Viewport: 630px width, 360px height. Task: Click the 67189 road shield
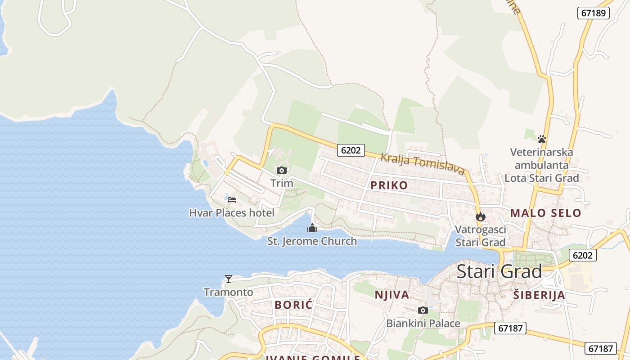tap(593, 13)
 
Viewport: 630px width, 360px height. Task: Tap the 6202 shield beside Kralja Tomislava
tap(351, 150)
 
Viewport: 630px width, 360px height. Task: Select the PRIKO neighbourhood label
tap(389, 185)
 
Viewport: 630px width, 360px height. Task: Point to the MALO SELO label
tap(545, 213)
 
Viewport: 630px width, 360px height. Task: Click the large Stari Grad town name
tap(499, 272)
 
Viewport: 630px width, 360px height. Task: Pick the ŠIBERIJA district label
tap(539, 295)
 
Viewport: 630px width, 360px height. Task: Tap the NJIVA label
tap(392, 295)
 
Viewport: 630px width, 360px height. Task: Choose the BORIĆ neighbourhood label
tap(293, 305)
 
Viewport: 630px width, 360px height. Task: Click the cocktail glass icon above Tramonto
tap(229, 279)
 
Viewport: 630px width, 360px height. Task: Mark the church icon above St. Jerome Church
tap(312, 228)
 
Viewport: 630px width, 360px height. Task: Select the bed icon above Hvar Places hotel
tap(232, 199)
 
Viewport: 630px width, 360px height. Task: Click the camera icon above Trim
tap(282, 170)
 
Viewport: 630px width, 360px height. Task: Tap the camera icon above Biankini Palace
tap(423, 310)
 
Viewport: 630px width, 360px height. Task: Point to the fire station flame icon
tap(481, 216)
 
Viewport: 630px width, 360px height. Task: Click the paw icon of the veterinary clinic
tap(542, 139)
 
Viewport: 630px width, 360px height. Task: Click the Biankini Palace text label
tap(423, 324)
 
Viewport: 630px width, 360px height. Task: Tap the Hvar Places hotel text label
tap(232, 213)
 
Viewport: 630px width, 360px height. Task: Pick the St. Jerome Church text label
tap(312, 241)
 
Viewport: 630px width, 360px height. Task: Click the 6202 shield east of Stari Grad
tap(582, 255)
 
